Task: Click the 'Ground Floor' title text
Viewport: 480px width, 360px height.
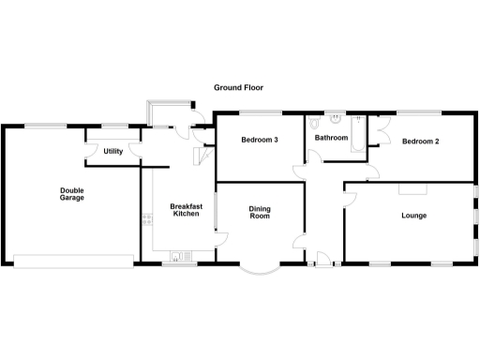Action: click(x=238, y=87)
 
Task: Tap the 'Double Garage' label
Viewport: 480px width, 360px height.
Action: click(x=72, y=194)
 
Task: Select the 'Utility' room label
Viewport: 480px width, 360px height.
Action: click(x=112, y=151)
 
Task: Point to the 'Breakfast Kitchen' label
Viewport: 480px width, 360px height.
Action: click(x=186, y=210)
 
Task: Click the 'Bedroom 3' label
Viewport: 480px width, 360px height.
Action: click(x=260, y=141)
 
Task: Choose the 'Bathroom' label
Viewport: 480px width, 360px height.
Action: click(x=331, y=138)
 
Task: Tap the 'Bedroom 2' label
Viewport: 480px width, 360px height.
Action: click(x=421, y=142)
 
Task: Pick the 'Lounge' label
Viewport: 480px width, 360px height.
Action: click(x=413, y=216)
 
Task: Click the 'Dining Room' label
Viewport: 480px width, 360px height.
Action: click(x=259, y=213)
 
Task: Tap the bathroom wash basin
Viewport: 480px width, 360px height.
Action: click(x=335, y=121)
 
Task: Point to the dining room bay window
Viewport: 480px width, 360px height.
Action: click(x=258, y=269)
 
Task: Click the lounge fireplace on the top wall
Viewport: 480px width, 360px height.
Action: click(x=409, y=187)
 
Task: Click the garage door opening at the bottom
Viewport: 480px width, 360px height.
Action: click(x=71, y=261)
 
